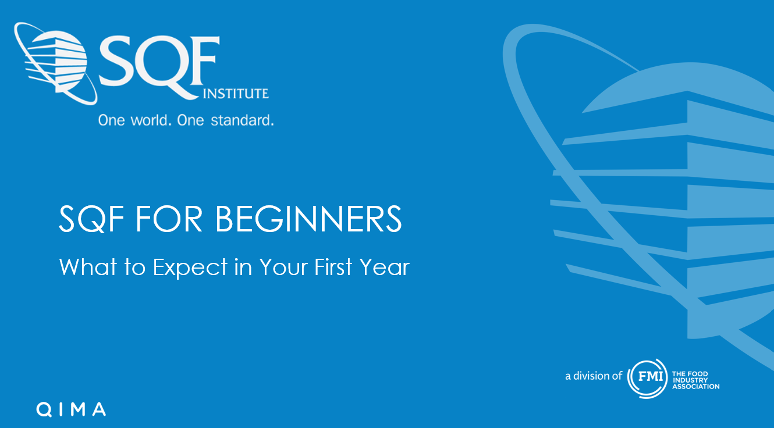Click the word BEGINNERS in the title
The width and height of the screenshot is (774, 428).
point(308,219)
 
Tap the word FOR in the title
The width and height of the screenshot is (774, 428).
point(169,219)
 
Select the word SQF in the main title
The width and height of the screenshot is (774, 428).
point(91,219)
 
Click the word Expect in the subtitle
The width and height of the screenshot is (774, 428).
point(190,267)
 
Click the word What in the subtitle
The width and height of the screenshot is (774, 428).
point(88,267)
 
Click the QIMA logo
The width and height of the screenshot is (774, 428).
point(71,409)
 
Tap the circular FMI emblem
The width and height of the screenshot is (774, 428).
point(647,379)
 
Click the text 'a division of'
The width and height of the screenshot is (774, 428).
point(594,376)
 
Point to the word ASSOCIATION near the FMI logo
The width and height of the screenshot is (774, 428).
point(696,387)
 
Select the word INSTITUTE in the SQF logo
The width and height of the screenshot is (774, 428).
point(236,94)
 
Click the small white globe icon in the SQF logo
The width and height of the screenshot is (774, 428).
point(56,63)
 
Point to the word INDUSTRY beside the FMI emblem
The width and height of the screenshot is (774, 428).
point(690,380)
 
